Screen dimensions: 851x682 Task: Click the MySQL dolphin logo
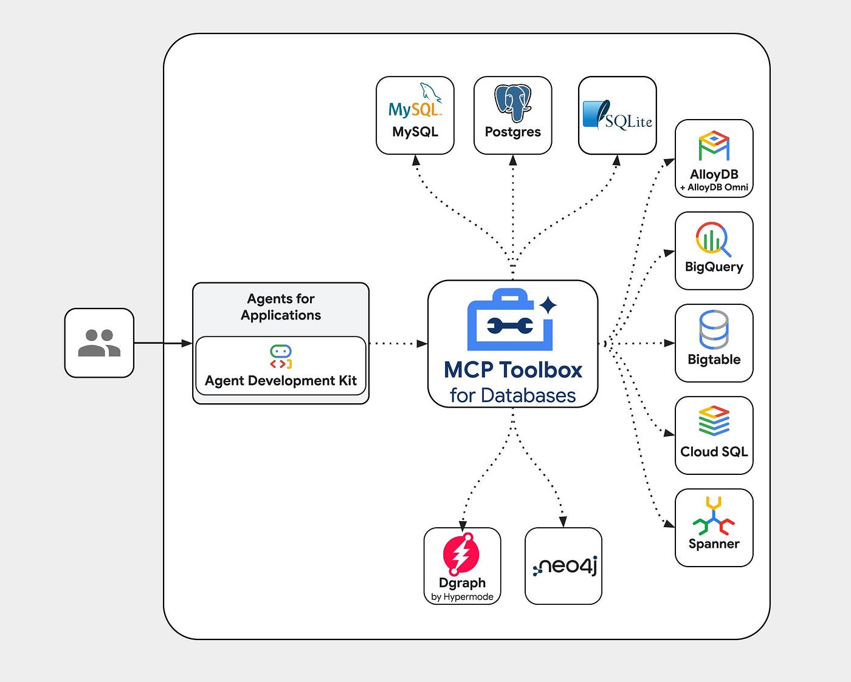415,100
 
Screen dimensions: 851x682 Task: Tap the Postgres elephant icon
513,103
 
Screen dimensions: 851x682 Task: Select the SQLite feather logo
618,115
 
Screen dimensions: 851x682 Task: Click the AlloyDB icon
714,145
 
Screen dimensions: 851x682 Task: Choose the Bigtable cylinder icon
714,330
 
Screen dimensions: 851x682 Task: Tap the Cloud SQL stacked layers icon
714,421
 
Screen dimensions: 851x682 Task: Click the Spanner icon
714,515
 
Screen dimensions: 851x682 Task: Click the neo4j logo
565,566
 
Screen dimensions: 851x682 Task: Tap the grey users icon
99,343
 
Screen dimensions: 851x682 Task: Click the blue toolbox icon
510,319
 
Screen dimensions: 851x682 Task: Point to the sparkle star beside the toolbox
548,305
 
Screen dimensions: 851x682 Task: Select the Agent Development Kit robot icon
281,357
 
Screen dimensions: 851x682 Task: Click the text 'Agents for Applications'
281,307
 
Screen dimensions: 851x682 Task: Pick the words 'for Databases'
512,395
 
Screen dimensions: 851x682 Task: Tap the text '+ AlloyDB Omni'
714,187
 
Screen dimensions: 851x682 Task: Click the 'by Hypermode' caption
462,596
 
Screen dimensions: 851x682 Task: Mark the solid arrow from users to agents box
164,343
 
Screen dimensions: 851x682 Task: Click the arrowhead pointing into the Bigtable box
669,343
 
